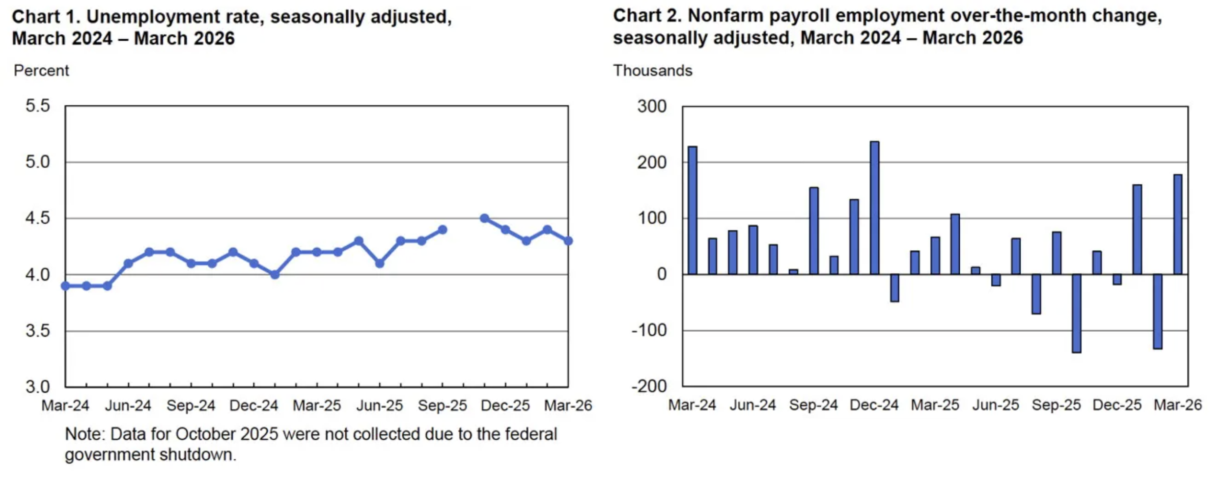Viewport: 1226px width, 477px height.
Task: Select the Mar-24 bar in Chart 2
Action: (x=692, y=210)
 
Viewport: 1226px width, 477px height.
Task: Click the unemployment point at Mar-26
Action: (x=568, y=241)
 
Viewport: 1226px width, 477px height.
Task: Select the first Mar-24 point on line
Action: (x=66, y=286)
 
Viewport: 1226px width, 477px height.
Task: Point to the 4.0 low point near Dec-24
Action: (x=275, y=275)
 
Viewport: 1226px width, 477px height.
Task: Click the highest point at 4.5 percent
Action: (x=484, y=218)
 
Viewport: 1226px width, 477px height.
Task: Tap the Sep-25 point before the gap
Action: (x=443, y=230)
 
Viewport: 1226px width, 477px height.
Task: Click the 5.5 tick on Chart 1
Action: (x=38, y=106)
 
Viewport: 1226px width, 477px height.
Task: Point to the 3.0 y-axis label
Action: (x=38, y=387)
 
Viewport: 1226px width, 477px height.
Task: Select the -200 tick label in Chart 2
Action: (x=649, y=386)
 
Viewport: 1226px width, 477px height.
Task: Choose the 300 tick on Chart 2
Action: (x=651, y=106)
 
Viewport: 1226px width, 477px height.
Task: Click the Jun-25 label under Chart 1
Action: (x=379, y=406)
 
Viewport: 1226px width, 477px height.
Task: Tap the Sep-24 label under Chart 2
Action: (x=813, y=405)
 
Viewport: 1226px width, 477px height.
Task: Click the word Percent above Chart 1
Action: (x=41, y=71)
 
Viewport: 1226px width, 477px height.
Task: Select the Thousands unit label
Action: (x=652, y=71)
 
